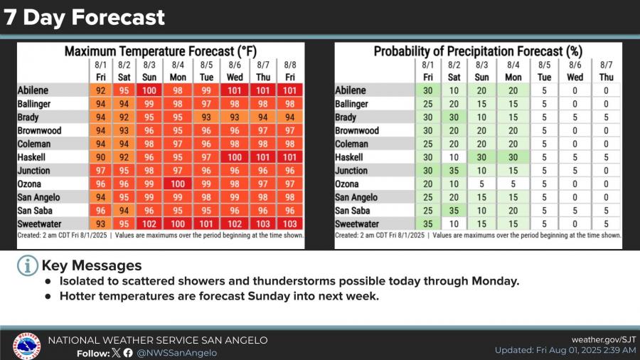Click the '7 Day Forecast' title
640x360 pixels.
point(85,17)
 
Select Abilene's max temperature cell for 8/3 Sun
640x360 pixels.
point(149,90)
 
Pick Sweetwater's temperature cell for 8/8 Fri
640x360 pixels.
point(290,224)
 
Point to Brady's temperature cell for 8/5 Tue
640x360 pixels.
point(207,117)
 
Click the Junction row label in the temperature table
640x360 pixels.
point(33,171)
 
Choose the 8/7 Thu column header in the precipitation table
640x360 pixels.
point(606,70)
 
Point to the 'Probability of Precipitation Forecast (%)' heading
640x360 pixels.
point(477,51)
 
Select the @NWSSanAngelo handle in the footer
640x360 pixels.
point(177,353)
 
